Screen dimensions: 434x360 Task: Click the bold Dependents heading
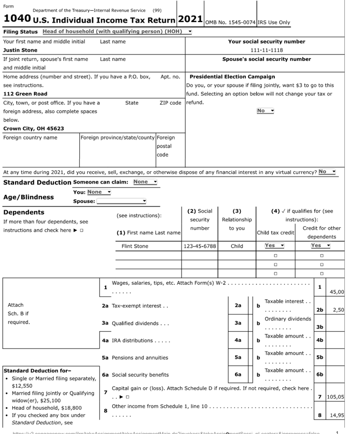coord(25,212)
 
